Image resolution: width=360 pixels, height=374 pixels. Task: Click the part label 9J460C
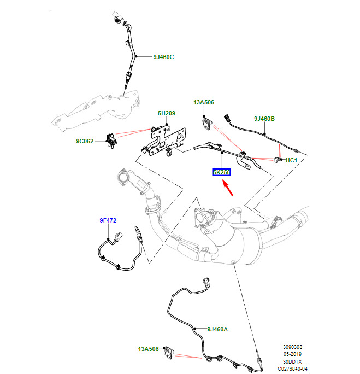(163, 56)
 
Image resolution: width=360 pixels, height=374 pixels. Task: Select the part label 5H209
(167, 114)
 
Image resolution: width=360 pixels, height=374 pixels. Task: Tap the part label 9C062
(85, 141)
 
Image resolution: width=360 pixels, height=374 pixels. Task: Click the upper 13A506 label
(203, 102)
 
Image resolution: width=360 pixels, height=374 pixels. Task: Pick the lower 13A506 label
(149, 349)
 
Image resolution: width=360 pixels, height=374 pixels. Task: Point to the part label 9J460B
(264, 119)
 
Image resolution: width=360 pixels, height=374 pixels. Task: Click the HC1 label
(291, 160)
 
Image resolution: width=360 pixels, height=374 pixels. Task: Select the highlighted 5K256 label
(222, 172)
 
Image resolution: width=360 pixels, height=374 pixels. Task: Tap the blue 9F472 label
(108, 220)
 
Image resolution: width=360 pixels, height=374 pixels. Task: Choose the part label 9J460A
(217, 329)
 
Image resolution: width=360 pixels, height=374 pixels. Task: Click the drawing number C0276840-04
(298, 369)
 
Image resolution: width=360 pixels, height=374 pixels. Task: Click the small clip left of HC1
(278, 159)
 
